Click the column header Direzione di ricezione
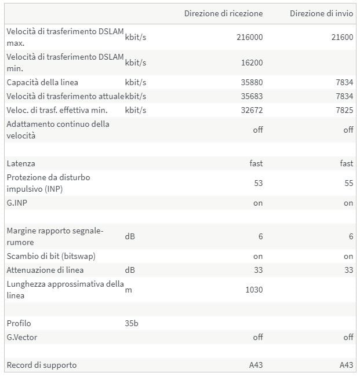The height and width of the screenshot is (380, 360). pyautogui.click(x=223, y=13)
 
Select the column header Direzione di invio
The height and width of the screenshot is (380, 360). pyautogui.click(x=321, y=13)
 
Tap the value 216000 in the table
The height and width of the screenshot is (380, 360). pyautogui.click(x=250, y=37)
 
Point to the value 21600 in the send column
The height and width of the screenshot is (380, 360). pyautogui.click(x=342, y=37)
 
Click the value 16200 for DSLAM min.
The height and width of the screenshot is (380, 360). pyautogui.click(x=252, y=63)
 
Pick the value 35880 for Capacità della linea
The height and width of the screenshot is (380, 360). pyautogui.click(x=252, y=82)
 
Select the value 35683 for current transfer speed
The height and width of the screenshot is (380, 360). pyautogui.click(x=252, y=96)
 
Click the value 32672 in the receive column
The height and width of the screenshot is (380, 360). pyautogui.click(x=252, y=110)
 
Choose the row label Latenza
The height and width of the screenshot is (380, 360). pyautogui.click(x=21, y=164)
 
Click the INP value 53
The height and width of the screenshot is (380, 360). pyautogui.click(x=258, y=183)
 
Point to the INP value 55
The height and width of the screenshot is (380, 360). pyautogui.click(x=348, y=183)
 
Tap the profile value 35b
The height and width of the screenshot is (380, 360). pyautogui.click(x=132, y=323)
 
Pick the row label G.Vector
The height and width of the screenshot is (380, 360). pyautogui.click(x=22, y=337)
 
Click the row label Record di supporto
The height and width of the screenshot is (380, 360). pyautogui.click(x=41, y=365)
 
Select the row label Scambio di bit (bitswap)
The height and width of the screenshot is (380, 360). pyautogui.click(x=51, y=256)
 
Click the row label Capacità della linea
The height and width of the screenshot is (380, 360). pyautogui.click(x=42, y=82)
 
